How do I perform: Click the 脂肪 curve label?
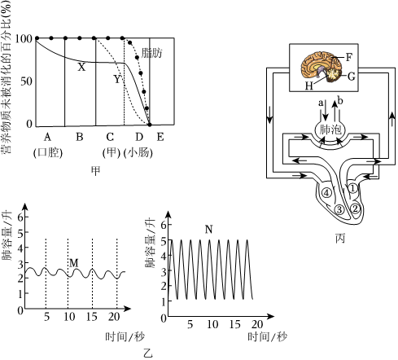[152, 53]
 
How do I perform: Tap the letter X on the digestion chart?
[81, 67]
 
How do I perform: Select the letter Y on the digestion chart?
[117, 79]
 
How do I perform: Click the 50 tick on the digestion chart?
[26, 81]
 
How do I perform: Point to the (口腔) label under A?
[48, 153]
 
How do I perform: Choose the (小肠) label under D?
[138, 153]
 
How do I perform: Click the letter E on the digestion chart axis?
[160, 137]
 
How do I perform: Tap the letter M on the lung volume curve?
[74, 263]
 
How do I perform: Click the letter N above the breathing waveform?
[208, 230]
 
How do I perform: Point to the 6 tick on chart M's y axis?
[20, 217]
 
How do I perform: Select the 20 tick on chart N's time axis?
[257, 324]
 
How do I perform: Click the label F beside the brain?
[349, 57]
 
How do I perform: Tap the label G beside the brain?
[351, 77]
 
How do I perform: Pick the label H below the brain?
[309, 86]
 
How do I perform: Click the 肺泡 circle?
[330, 130]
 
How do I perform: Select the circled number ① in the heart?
[352, 188]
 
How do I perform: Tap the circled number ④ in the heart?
[326, 193]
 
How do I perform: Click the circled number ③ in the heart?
[339, 209]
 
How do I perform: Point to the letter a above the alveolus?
[321, 103]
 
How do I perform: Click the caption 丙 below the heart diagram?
[340, 238]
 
